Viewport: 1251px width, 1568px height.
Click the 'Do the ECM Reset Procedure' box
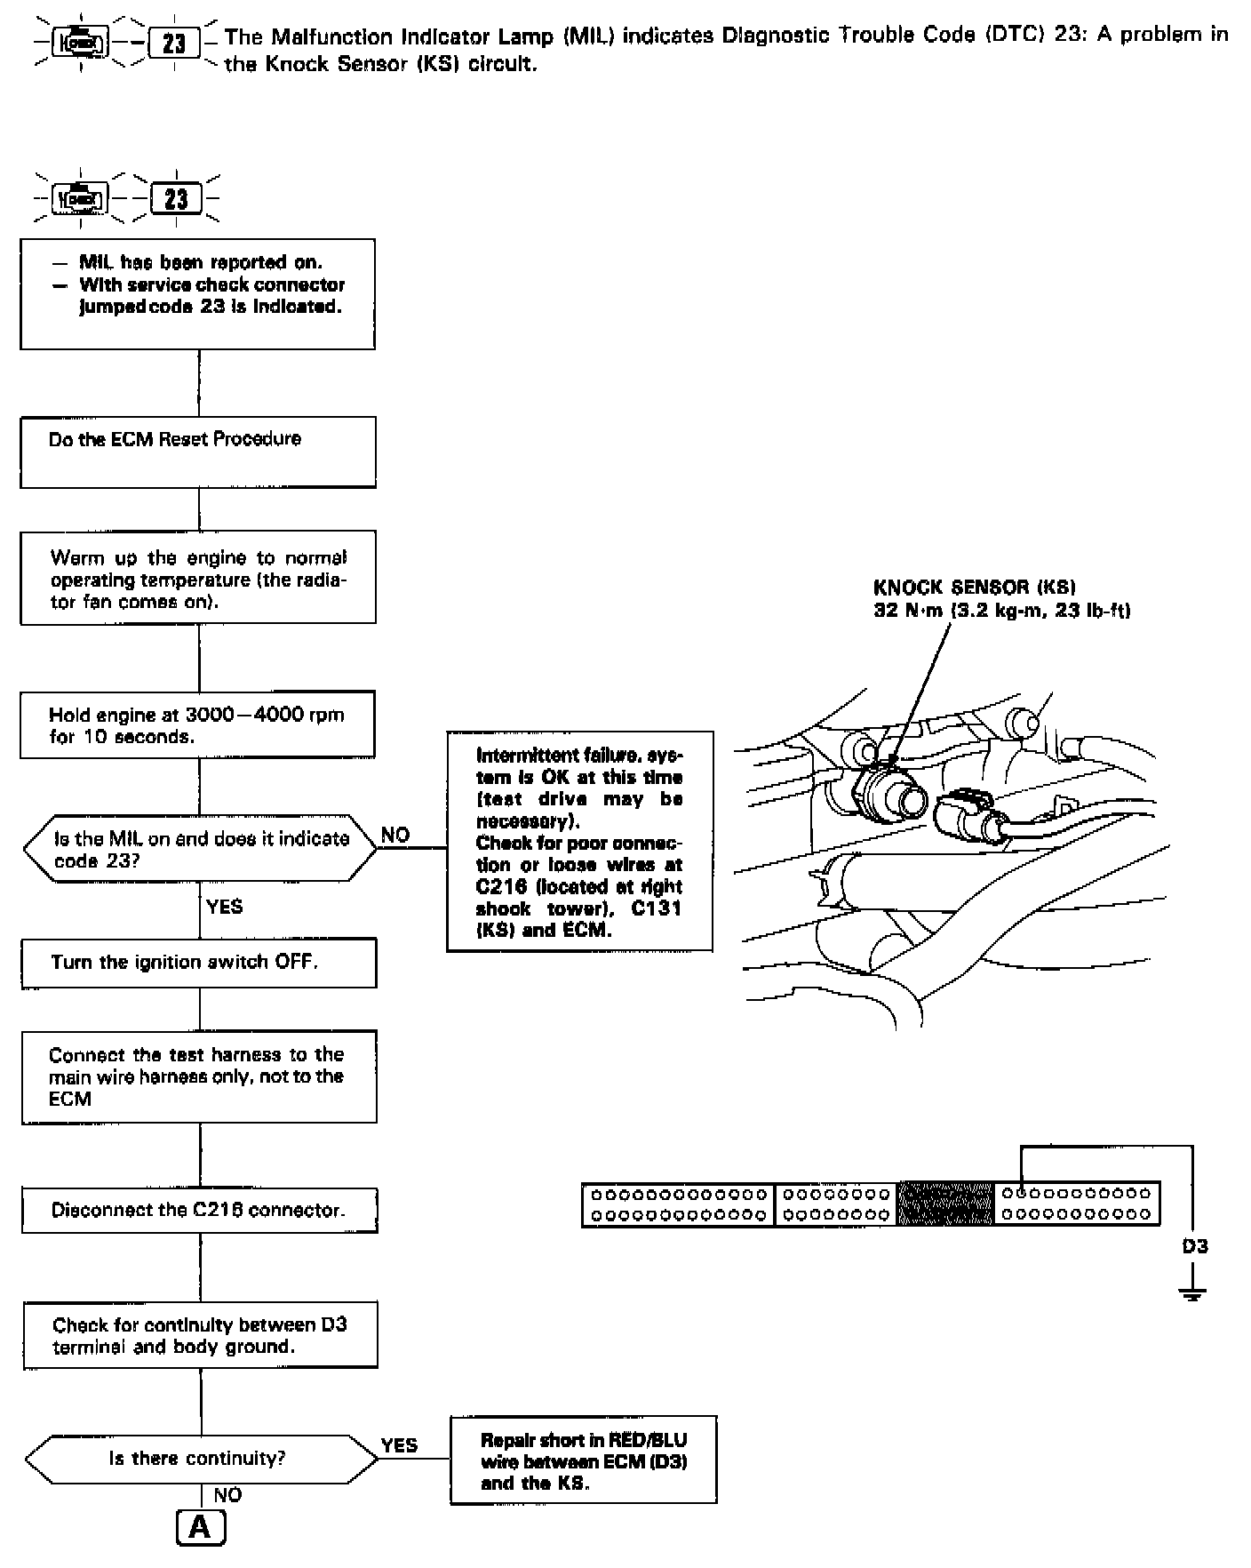[x=197, y=452]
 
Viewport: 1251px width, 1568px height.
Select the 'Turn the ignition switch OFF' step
[x=199, y=963]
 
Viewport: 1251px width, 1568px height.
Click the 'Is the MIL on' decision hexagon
[x=200, y=849]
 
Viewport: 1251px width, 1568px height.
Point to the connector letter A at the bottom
[x=201, y=1527]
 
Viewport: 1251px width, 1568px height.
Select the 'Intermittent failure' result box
[x=579, y=841]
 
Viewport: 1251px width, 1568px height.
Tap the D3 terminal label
[x=1194, y=1246]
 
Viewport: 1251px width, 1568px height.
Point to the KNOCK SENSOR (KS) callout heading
[x=974, y=588]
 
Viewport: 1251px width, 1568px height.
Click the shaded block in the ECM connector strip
[x=945, y=1204]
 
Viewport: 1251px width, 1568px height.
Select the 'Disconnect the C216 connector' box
[x=199, y=1211]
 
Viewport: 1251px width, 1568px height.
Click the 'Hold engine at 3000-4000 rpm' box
[x=197, y=725]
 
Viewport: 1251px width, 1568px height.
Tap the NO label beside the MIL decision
[x=395, y=835]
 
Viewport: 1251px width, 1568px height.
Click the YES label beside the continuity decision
[x=399, y=1445]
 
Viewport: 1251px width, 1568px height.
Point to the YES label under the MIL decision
[x=224, y=907]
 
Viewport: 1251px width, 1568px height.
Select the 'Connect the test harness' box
[x=199, y=1076]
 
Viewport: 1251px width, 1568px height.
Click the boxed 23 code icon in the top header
[x=174, y=43]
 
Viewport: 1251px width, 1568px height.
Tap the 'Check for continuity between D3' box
[x=200, y=1335]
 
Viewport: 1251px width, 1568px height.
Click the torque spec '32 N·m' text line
[x=1001, y=611]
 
